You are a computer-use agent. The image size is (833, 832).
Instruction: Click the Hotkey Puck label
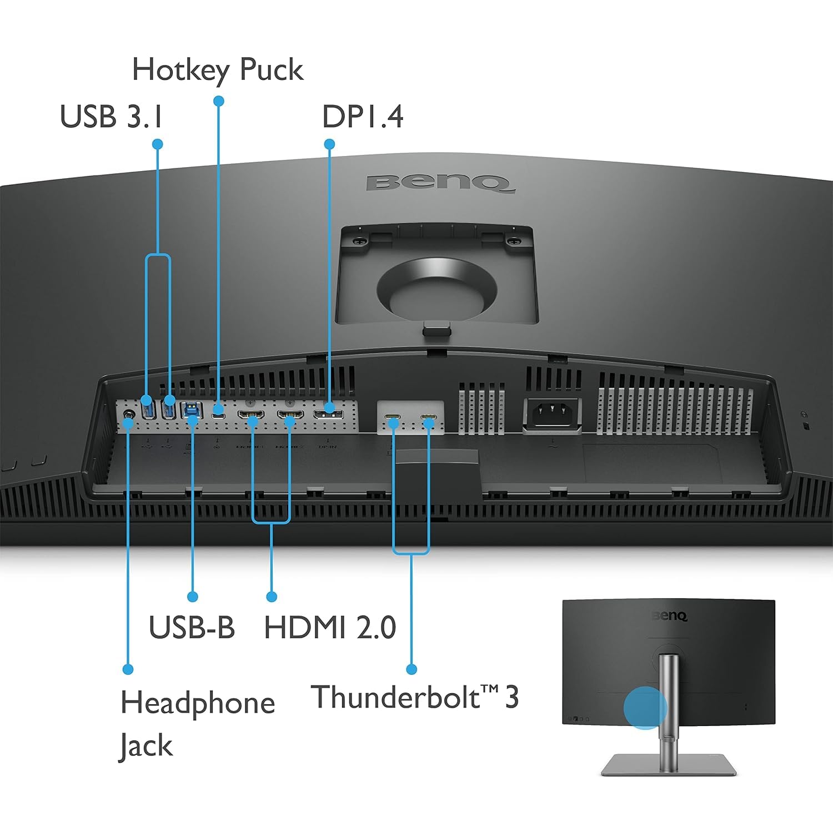217,70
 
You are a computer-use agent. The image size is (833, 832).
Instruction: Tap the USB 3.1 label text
111,117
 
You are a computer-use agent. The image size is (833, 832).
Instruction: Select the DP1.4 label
363,117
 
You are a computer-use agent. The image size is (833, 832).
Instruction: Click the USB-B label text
192,627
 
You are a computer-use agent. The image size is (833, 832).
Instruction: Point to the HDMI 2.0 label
330,627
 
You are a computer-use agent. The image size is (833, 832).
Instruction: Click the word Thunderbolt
396,697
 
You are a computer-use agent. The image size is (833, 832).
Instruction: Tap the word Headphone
198,703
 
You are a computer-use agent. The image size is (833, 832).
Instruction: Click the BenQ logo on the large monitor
438,183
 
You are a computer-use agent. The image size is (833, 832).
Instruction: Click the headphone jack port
129,414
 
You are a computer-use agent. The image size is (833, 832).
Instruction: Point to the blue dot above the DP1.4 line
329,144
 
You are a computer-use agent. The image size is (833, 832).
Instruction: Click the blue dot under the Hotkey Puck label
218,101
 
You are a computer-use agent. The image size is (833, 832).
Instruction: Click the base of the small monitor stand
669,764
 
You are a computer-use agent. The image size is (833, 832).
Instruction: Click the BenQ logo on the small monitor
670,616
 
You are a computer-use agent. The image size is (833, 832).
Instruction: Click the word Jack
146,745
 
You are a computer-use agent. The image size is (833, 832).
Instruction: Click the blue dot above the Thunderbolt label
412,669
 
